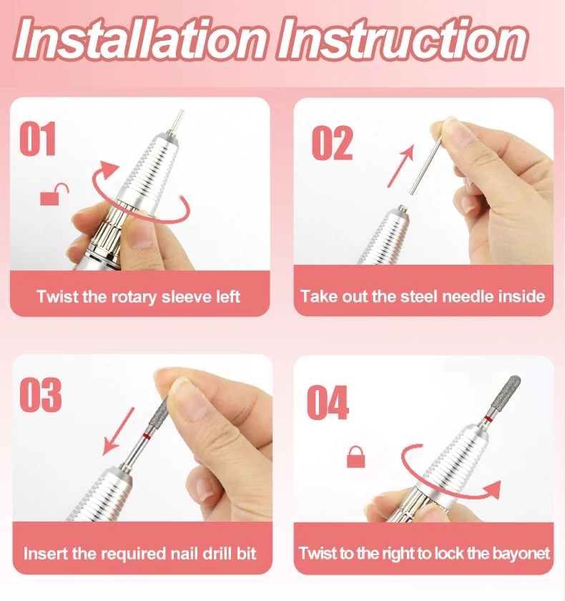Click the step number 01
38,138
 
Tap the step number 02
332,142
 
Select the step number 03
41,395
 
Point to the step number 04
328,402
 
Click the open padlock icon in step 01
54,194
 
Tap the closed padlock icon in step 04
356,457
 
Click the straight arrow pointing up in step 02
401,166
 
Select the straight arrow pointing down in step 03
119,431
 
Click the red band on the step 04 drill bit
488,419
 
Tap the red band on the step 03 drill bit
146,436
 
